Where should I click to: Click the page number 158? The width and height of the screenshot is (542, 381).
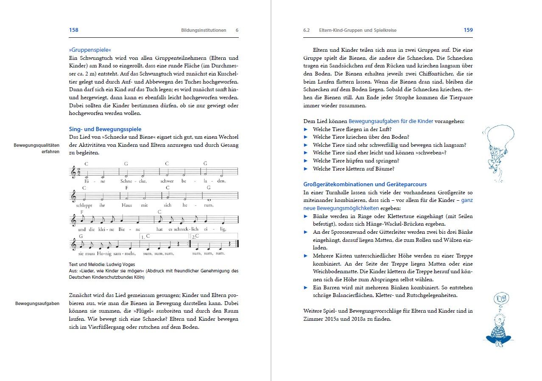73,30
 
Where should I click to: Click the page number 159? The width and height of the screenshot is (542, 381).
468,30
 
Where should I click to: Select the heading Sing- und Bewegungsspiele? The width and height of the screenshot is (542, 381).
105,129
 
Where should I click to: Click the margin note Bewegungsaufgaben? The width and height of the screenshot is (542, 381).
37,303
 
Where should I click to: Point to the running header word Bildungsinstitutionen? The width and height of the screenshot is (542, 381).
204,31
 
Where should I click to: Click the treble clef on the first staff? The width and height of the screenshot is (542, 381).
73,172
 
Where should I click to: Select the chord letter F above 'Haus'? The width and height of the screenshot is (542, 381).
126,187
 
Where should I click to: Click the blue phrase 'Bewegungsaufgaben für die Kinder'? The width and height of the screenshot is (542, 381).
391,121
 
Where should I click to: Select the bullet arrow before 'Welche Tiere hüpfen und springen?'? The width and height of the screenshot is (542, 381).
306,161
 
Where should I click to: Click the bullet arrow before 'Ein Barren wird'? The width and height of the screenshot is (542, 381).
306,288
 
